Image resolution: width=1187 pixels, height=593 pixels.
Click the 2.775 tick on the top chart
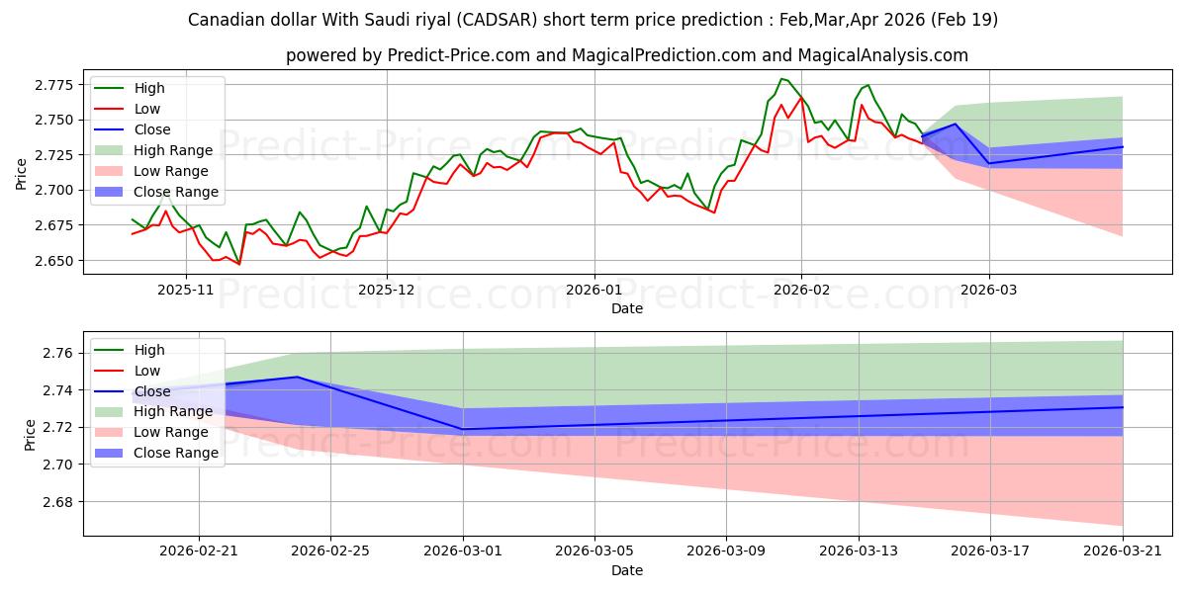coord(54,85)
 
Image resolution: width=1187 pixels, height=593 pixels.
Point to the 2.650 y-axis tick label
coord(54,261)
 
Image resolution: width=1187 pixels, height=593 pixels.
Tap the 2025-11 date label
coord(186,291)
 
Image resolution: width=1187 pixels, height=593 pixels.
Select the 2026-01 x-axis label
coord(594,291)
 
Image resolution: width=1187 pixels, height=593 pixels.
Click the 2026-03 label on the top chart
coord(989,291)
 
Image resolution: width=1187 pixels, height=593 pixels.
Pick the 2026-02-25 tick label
coord(330,551)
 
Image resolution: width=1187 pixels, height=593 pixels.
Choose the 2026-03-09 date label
coord(726,551)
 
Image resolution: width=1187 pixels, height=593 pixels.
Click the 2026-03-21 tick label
coord(1123,551)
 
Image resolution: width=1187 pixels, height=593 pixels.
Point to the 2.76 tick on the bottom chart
coord(58,353)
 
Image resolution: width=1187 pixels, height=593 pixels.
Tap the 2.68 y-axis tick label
coord(58,502)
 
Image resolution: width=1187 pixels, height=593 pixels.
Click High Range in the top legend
coord(173,150)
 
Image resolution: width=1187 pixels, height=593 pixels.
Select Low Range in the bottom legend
coord(170,432)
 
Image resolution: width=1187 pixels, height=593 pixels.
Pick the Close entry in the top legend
coord(152,129)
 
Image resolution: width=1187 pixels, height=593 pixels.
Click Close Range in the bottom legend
coord(176,453)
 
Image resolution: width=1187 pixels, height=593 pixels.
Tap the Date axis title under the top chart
coord(627,308)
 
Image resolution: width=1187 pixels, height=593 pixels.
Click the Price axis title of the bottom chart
coord(30,435)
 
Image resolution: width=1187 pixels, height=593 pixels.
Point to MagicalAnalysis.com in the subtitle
coord(882,55)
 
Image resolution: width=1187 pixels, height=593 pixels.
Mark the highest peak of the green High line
coord(781,79)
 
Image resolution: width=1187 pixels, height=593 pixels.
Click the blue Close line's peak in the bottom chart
coord(298,377)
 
